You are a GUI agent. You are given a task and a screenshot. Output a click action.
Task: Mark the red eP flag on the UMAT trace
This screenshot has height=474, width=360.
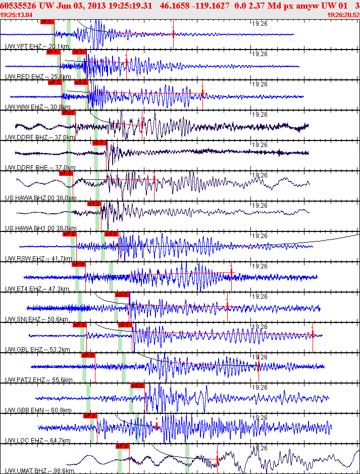[x=123, y=446]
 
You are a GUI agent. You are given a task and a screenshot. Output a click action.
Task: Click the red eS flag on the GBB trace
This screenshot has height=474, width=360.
[x=137, y=386]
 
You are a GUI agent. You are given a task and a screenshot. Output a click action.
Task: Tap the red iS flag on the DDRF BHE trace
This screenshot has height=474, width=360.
[x=100, y=143]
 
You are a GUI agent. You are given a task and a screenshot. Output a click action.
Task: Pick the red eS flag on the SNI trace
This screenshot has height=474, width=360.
[x=122, y=295]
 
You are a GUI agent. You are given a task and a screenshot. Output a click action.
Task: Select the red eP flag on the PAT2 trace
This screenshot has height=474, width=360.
[x=88, y=355]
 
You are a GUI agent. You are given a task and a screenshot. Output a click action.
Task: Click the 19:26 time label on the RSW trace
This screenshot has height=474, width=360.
[x=260, y=236]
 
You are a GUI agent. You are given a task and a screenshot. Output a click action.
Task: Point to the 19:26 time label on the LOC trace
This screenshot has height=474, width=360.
[x=260, y=418]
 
